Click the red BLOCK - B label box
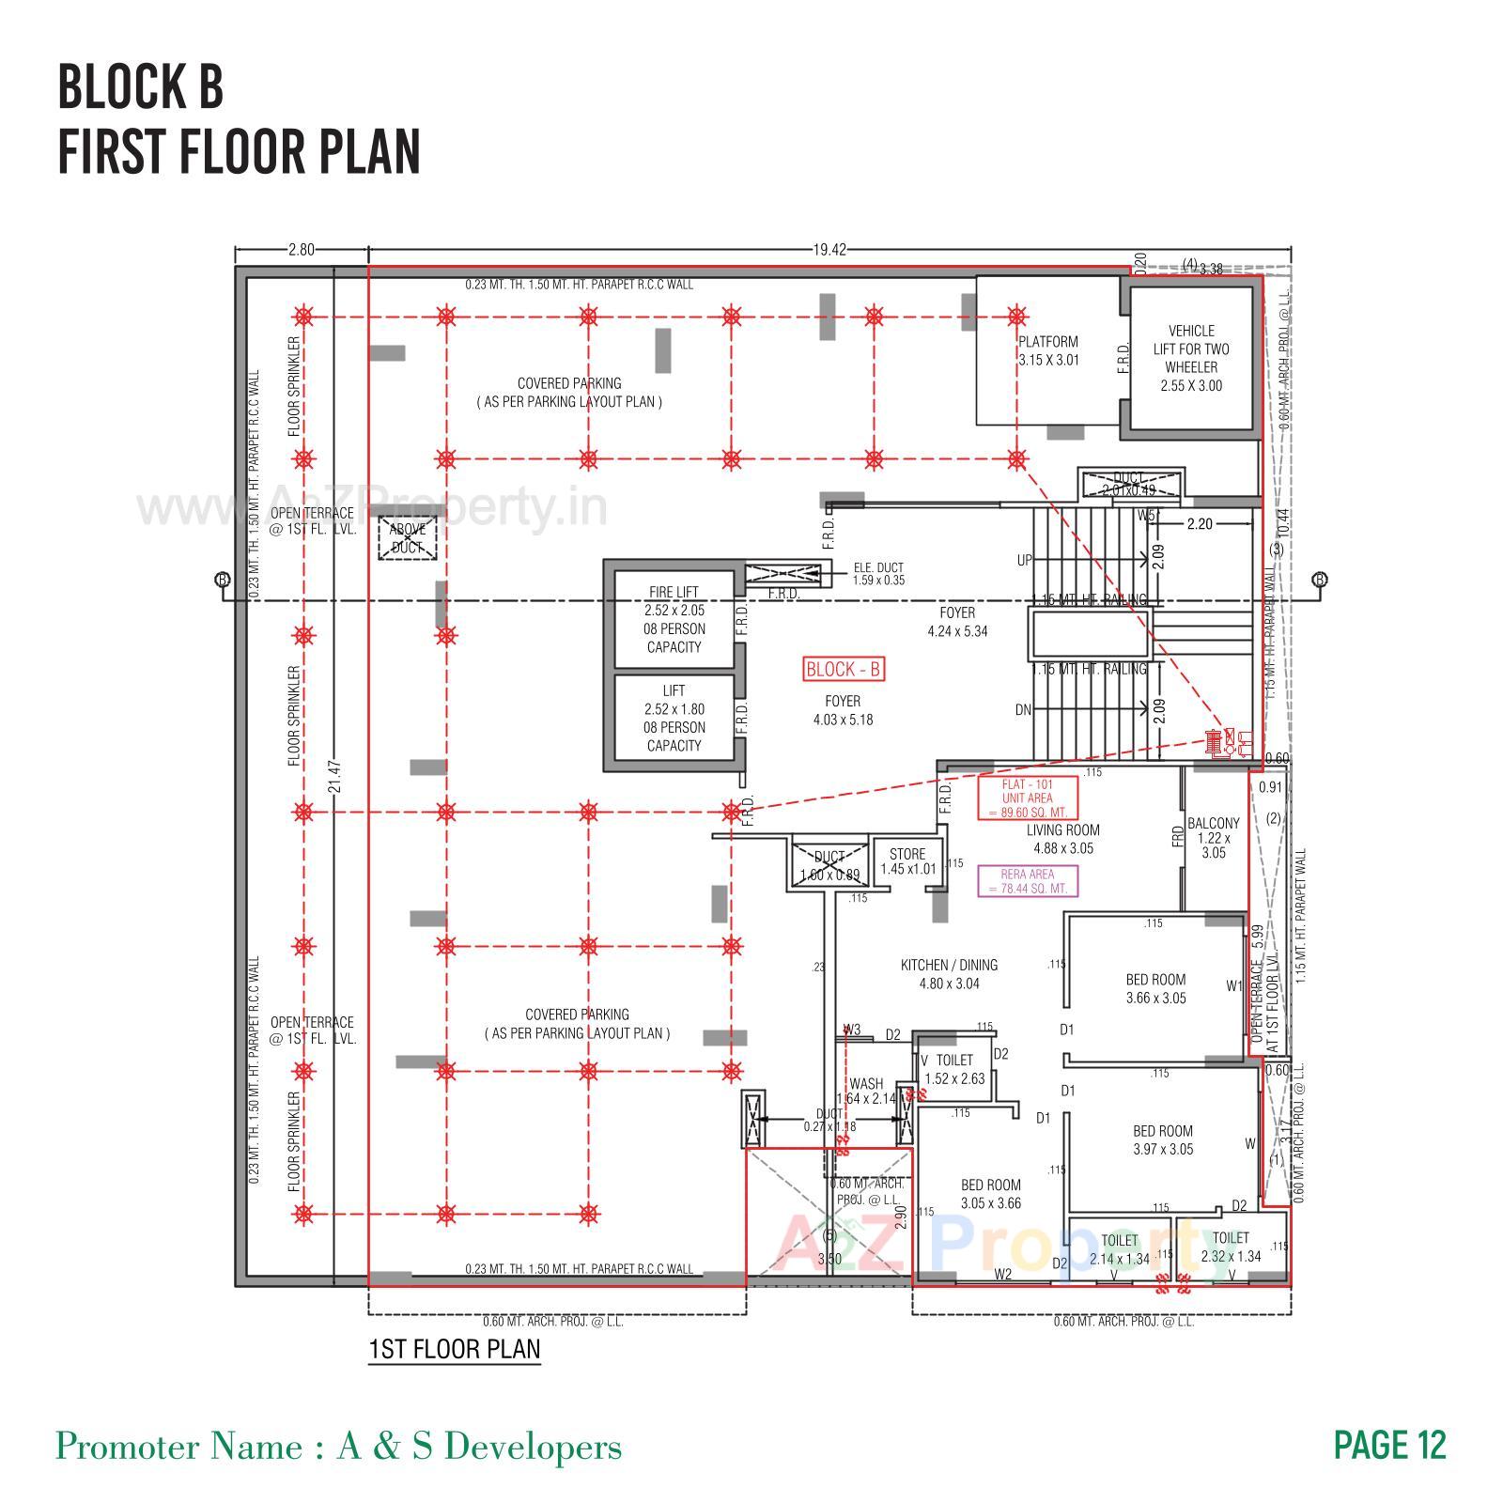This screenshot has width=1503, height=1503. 843,669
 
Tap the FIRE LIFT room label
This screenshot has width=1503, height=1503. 674,619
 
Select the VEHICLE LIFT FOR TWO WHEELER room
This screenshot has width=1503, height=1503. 1190,358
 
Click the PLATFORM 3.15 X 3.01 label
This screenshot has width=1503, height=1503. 1048,350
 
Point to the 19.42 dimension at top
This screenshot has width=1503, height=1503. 829,250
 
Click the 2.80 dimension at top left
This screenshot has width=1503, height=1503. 301,250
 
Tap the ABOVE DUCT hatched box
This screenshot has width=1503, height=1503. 408,538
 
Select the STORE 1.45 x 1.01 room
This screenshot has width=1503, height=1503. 907,860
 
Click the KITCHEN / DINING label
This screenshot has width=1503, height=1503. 949,974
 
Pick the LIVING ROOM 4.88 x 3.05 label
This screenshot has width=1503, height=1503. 1063,839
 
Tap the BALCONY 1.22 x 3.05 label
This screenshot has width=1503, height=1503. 1214,837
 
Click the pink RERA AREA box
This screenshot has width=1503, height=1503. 1028,881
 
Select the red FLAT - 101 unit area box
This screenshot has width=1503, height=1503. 1027,798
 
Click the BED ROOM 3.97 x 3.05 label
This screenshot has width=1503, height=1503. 1162,1139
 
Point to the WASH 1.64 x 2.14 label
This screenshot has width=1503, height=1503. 866,1091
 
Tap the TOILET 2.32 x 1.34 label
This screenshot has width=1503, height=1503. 1230,1247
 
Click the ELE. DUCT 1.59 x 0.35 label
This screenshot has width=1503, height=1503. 878,574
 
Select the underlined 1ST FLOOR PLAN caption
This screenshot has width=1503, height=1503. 455,1349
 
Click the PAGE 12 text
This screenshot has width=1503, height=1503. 1389,1445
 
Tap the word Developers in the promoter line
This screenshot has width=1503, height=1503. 533,1447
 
